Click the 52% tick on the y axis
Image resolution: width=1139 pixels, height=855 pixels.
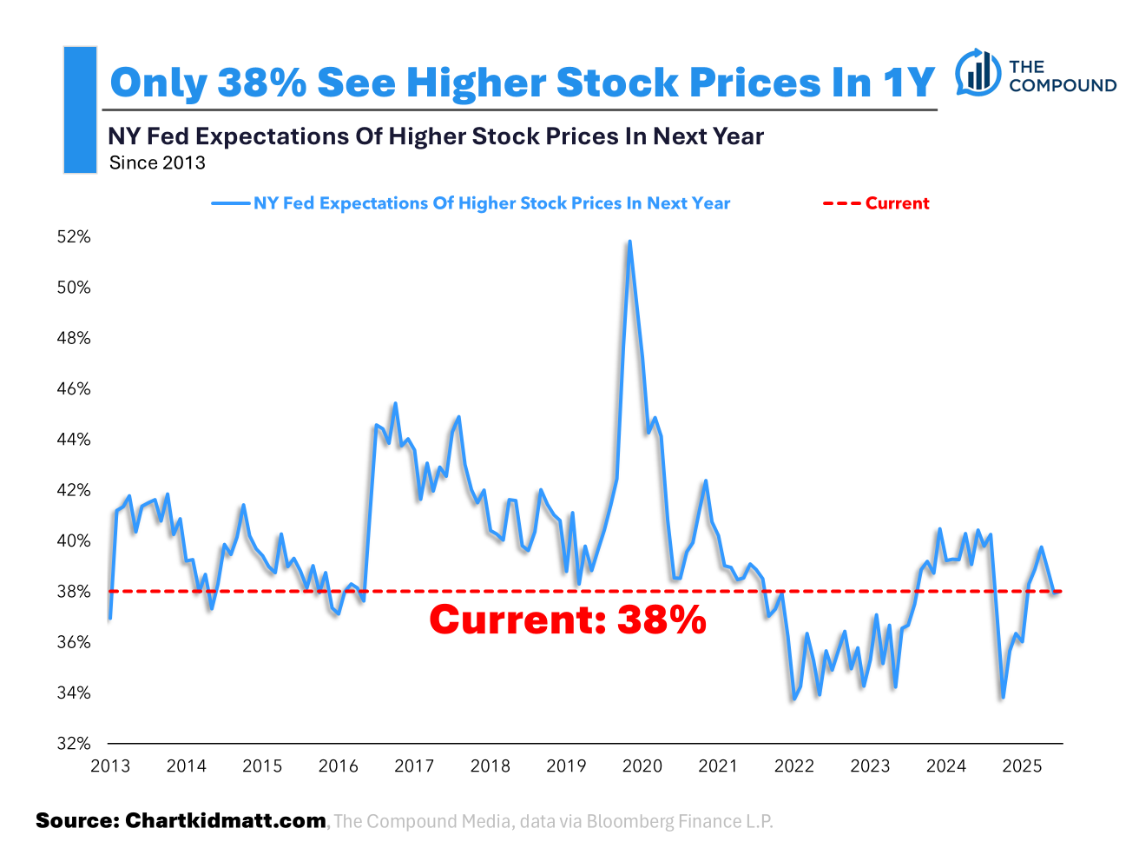tap(74, 236)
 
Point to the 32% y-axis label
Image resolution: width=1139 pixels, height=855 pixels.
tap(74, 744)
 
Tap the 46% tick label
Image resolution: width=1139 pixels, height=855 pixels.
tap(74, 388)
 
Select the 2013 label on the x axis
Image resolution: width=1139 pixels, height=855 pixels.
tap(110, 766)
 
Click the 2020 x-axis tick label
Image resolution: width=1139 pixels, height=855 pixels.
tap(642, 766)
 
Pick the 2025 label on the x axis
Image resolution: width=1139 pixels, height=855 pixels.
tap(1022, 766)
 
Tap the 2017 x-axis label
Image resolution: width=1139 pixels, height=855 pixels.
tap(414, 766)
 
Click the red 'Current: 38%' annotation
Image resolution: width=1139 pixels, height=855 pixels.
tap(568, 620)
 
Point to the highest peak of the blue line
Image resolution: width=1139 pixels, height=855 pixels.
tap(629, 242)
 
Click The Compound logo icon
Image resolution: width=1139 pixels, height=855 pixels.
tap(978, 72)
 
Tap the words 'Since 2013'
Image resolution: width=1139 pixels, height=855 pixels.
tap(157, 163)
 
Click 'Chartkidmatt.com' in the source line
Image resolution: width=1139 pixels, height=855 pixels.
tap(226, 821)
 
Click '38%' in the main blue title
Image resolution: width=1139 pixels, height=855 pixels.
tap(261, 83)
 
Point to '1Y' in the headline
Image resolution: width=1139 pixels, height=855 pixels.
tap(908, 83)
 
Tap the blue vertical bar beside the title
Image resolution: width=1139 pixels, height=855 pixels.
tap(80, 109)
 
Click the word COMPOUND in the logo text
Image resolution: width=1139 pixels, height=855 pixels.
tap(1063, 85)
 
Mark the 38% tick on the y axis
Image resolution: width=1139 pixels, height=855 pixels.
tap(74, 592)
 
